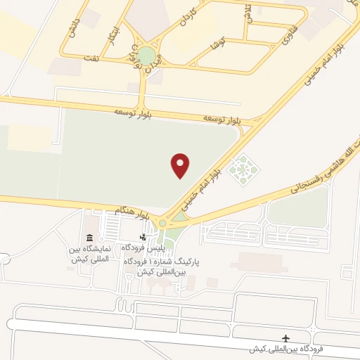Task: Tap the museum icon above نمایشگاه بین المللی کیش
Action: coord(89,238)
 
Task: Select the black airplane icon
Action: coord(285,338)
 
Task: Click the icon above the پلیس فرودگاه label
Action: coord(144,237)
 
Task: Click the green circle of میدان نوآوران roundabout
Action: coord(146,55)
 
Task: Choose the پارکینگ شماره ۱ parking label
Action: coord(163,265)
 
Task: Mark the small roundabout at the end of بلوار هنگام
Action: coord(162,223)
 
